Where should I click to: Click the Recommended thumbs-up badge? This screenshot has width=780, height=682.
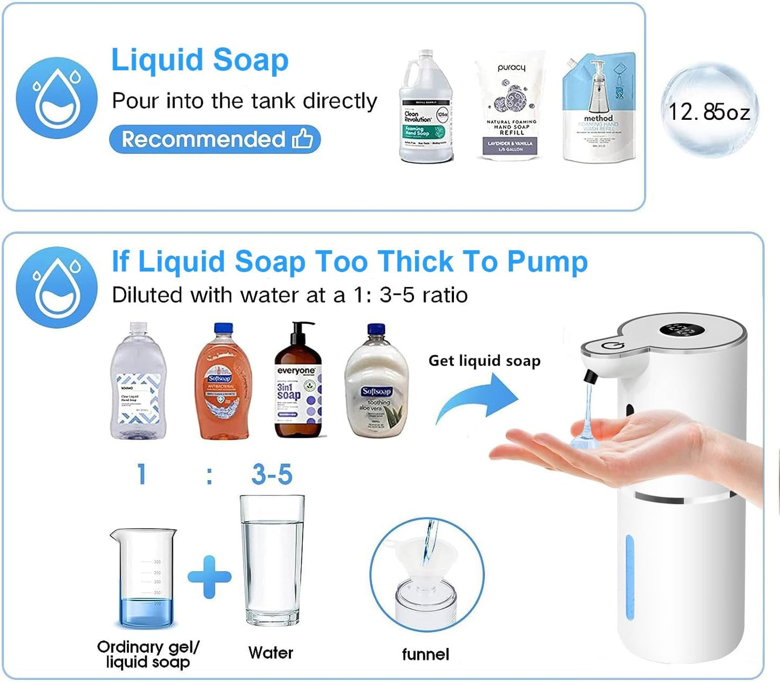tap(215, 139)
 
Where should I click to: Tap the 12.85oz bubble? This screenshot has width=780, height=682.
tap(709, 112)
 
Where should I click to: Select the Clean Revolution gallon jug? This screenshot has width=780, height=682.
tap(426, 108)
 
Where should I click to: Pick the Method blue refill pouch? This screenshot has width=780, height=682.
tap(598, 108)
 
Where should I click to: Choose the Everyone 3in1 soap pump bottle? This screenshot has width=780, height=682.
tap(297, 383)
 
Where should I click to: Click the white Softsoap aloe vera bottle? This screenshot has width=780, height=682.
tap(376, 383)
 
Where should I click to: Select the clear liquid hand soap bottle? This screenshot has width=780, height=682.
tap(138, 383)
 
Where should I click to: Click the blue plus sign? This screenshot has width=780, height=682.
tap(209, 577)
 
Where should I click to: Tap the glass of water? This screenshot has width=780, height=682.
tap(272, 561)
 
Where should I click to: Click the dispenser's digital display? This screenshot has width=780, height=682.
tap(679, 330)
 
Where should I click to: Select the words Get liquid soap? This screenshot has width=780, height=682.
tap(484, 360)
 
